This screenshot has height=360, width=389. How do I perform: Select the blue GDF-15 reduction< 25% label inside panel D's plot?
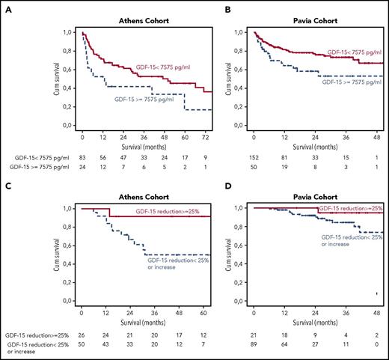coord(344,240)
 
